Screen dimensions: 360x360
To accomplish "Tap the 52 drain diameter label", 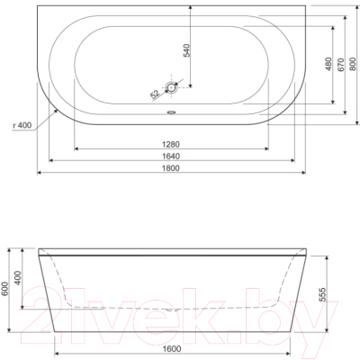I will click(156, 92).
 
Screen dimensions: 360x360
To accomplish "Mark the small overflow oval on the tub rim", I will click(173, 113).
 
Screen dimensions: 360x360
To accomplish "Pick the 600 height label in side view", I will click(6, 289).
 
